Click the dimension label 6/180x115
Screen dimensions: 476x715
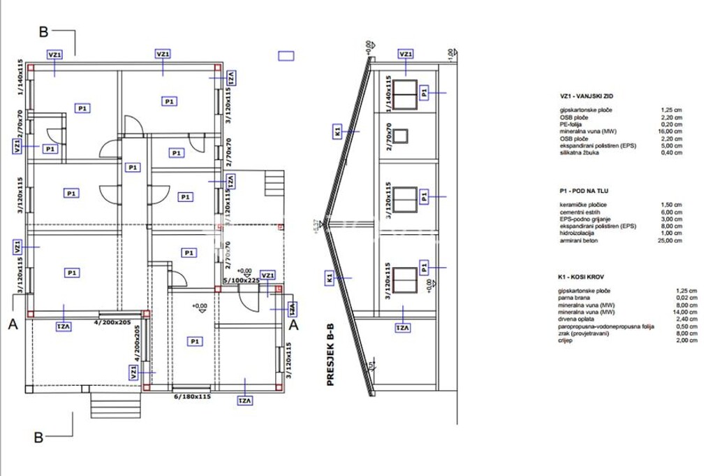[x=191, y=396]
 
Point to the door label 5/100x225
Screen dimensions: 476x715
[x=241, y=280]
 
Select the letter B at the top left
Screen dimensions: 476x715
[x=43, y=31]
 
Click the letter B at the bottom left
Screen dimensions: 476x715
[x=40, y=438]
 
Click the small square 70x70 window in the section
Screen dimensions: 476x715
[x=403, y=136]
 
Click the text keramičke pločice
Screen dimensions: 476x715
[x=582, y=204]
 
